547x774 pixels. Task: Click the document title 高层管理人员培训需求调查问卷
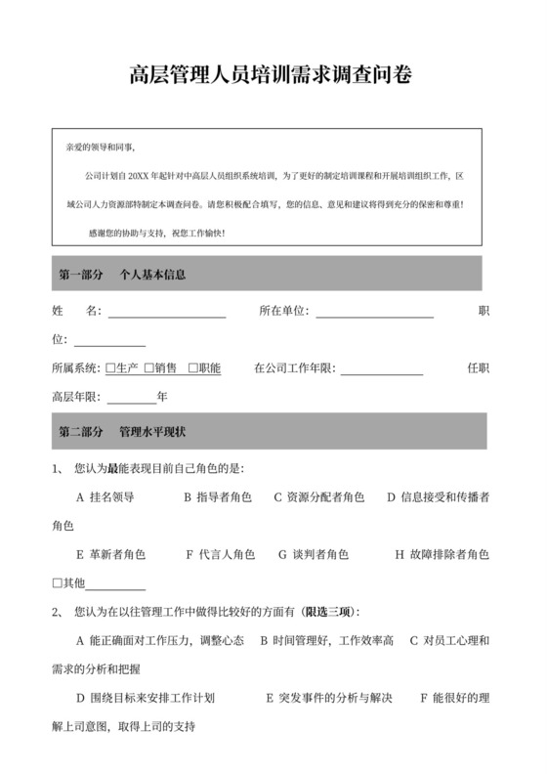[x=271, y=75]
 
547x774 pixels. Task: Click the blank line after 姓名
[x=166, y=313]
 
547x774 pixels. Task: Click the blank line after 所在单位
[x=374, y=313]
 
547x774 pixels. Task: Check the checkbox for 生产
[x=110, y=368]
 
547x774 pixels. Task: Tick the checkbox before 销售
[x=149, y=368]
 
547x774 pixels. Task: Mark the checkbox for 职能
[x=193, y=368]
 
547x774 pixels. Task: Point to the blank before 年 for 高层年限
[x=131, y=398]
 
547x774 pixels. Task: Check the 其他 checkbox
[x=57, y=583]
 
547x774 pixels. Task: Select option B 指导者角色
[x=218, y=496]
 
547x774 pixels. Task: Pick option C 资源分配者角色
[x=319, y=496]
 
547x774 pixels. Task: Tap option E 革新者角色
[x=110, y=554]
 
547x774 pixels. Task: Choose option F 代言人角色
[x=221, y=554]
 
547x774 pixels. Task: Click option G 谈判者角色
[x=314, y=554]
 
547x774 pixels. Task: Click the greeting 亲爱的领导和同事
[x=101, y=148]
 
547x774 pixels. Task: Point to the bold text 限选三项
[x=329, y=612]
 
